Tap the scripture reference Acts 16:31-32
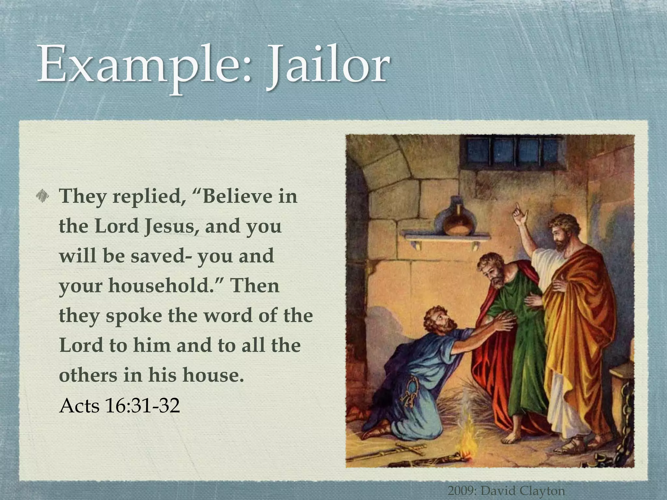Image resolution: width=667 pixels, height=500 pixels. [x=120, y=405]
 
